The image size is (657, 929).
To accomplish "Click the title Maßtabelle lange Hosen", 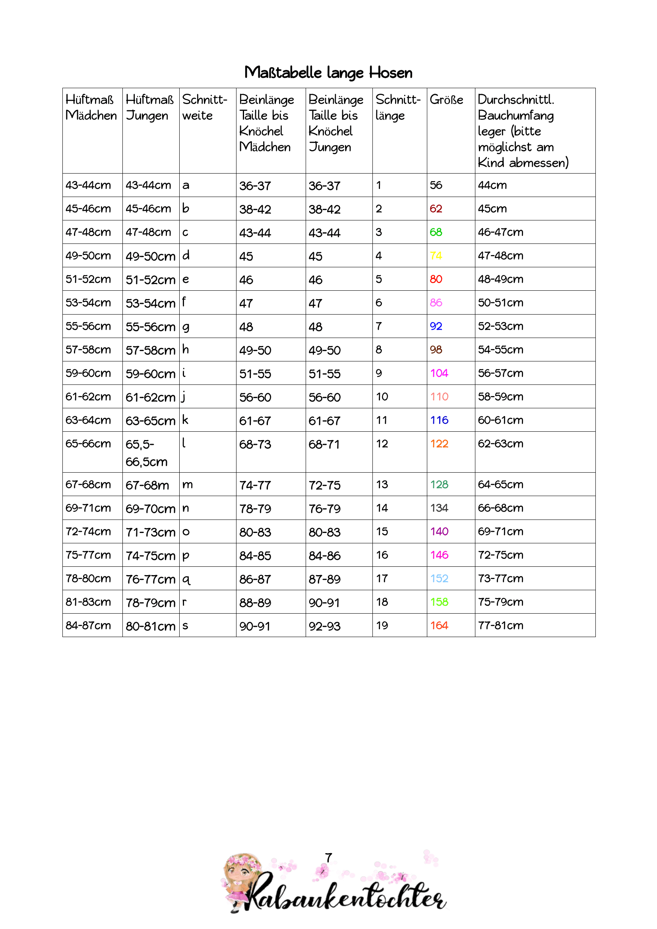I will (x=328, y=73).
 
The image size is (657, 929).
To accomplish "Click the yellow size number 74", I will (x=436, y=256).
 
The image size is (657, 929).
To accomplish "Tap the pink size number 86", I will (x=436, y=303).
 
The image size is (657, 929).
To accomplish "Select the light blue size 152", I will (x=439, y=579).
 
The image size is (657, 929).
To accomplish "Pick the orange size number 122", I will (x=439, y=444).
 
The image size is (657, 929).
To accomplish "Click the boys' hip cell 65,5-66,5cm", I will (x=146, y=453).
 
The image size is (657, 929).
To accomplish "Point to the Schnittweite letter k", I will (x=185, y=420).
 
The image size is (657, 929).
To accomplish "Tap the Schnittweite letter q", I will (x=186, y=579).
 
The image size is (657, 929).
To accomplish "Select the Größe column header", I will (x=446, y=100).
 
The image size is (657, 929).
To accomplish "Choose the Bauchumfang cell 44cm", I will (x=492, y=185).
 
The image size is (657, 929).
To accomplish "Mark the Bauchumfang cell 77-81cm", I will (x=500, y=626).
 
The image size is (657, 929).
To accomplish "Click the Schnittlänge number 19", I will (x=382, y=626).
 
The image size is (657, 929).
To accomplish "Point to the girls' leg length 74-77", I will (x=255, y=485).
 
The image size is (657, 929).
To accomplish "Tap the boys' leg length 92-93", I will (x=325, y=626).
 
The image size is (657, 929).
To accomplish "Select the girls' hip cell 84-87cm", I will (x=88, y=626).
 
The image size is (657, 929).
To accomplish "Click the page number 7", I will (x=328, y=858).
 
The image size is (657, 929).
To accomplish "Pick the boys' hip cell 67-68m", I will (x=147, y=485).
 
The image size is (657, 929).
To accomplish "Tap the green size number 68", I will (x=436, y=232).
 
